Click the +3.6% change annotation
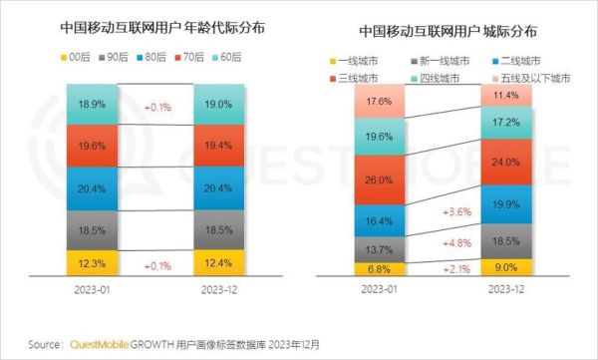444,211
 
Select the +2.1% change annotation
444,268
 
